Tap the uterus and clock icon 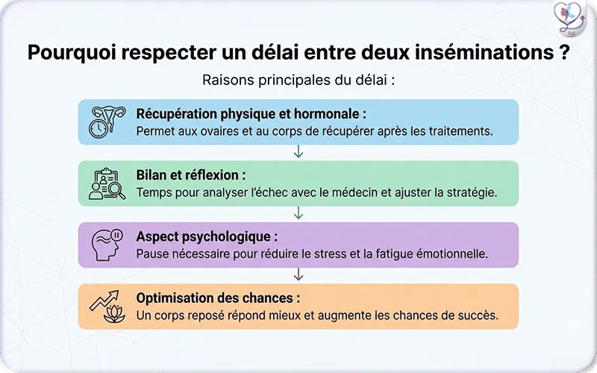(107, 122)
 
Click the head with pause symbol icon (107, 244)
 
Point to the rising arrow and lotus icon (107, 304)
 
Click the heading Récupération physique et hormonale (251, 114)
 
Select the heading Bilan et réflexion (191, 175)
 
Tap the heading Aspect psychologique (207, 236)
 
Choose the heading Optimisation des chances (218, 298)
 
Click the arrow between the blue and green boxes (298, 153)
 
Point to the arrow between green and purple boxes (298, 214)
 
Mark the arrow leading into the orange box (298, 275)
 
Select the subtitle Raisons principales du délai (298, 80)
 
